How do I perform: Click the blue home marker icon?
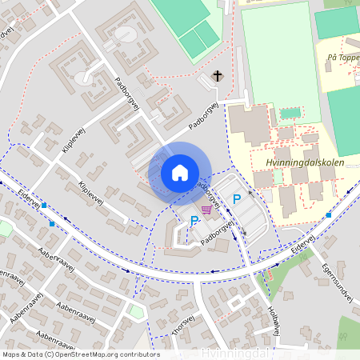[x=180, y=172]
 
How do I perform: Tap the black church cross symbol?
[x=217, y=76]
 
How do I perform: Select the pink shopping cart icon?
[x=208, y=210]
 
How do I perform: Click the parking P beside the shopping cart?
[x=194, y=220]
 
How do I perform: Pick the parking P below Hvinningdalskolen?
[x=236, y=198]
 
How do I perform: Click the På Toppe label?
[x=342, y=58]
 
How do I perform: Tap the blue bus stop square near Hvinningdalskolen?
[x=329, y=215]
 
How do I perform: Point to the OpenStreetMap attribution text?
[x=80, y=354]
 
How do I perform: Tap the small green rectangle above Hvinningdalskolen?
[x=290, y=113]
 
